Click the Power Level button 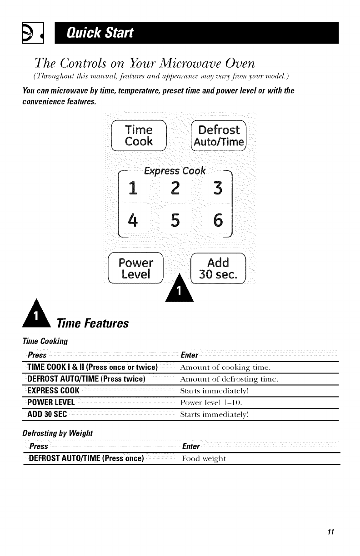point(135,269)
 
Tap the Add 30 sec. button point(218,269)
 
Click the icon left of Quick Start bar point(33,33)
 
